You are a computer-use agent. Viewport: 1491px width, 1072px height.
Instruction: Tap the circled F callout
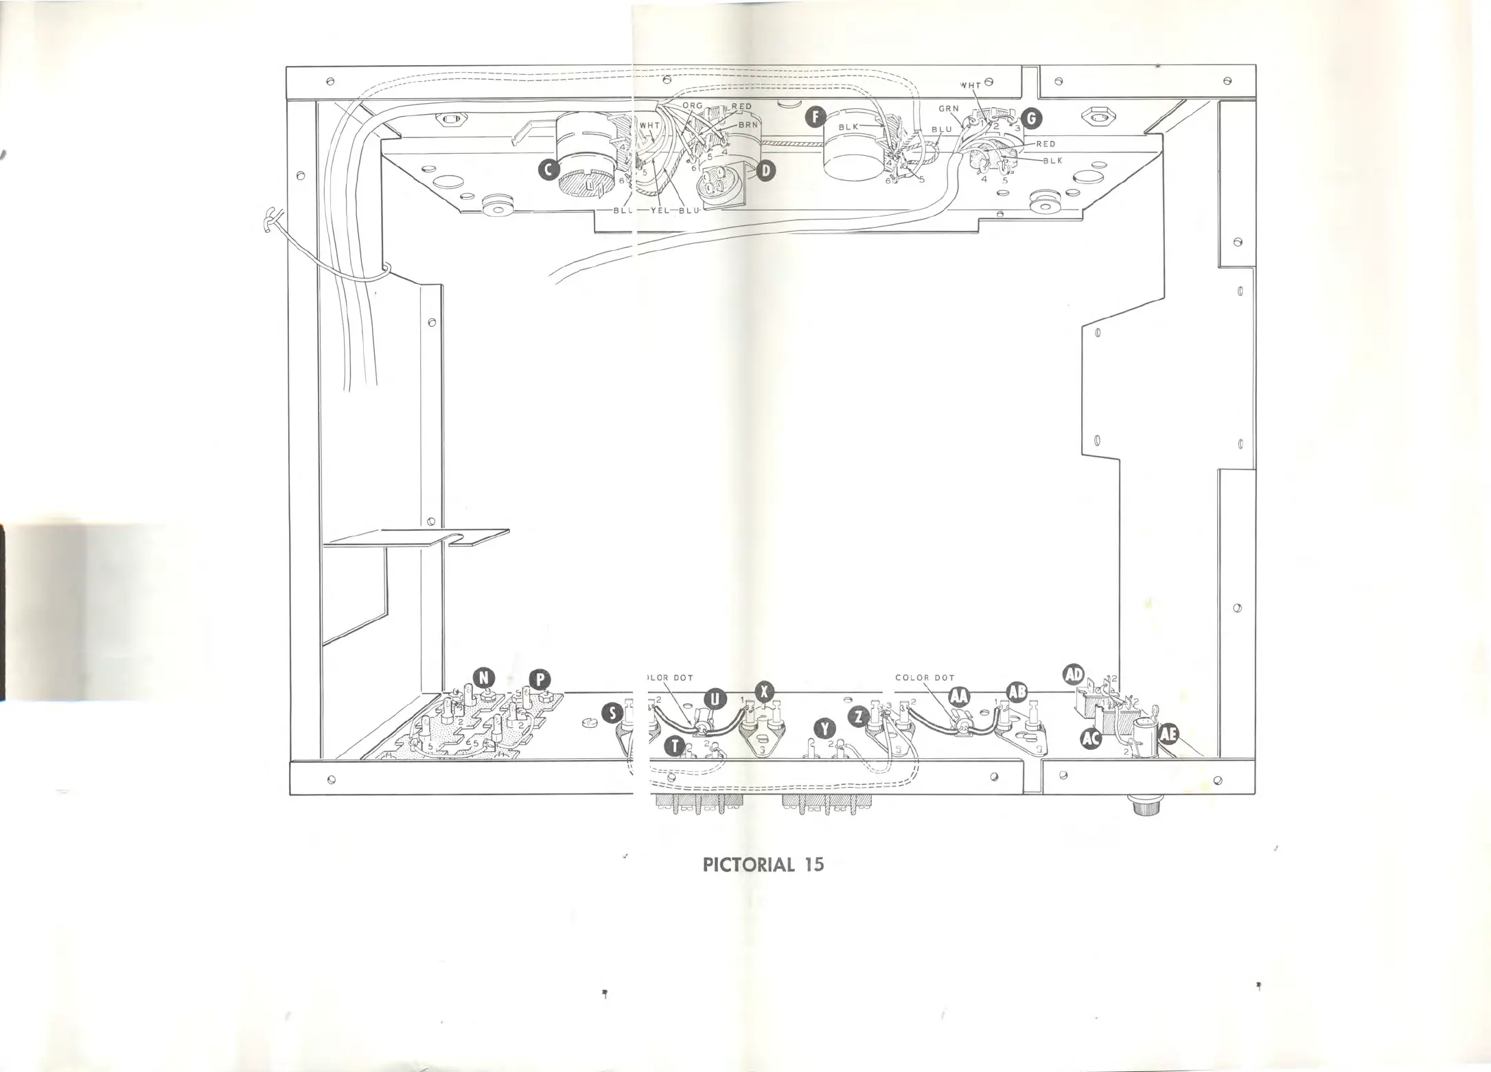coord(815,117)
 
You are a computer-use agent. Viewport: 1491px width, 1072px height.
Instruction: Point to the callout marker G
coord(1031,119)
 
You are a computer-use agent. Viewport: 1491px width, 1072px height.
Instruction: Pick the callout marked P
coord(540,679)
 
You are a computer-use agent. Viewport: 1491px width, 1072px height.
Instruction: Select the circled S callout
coord(612,714)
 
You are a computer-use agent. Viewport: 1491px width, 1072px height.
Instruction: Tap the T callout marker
coord(675,746)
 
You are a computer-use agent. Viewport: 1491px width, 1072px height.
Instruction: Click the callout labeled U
coord(715,699)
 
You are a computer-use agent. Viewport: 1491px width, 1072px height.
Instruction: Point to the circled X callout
coord(764,692)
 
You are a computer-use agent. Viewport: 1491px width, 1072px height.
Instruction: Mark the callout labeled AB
coord(1017,692)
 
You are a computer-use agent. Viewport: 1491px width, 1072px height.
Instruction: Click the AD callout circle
coord(1073,674)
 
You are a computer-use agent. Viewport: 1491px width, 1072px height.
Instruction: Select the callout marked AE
coord(1168,735)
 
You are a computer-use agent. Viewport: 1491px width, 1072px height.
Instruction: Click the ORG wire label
coord(693,106)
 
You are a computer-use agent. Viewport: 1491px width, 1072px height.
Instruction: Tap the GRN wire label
coord(949,109)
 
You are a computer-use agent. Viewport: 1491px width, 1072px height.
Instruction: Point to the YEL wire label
coord(660,210)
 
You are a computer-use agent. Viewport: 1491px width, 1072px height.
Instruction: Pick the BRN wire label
coord(748,126)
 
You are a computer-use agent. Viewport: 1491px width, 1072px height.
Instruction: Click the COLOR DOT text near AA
coord(925,678)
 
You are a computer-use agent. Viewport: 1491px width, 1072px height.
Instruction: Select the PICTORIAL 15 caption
coord(763,864)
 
